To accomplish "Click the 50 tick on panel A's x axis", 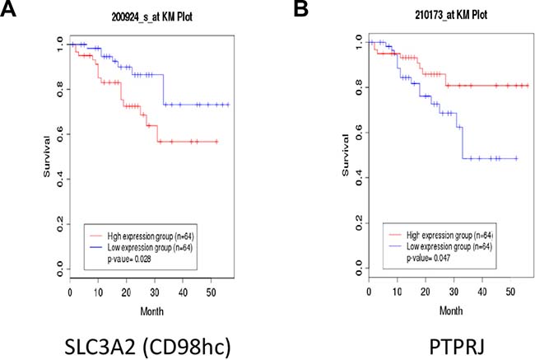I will click(x=213, y=293).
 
